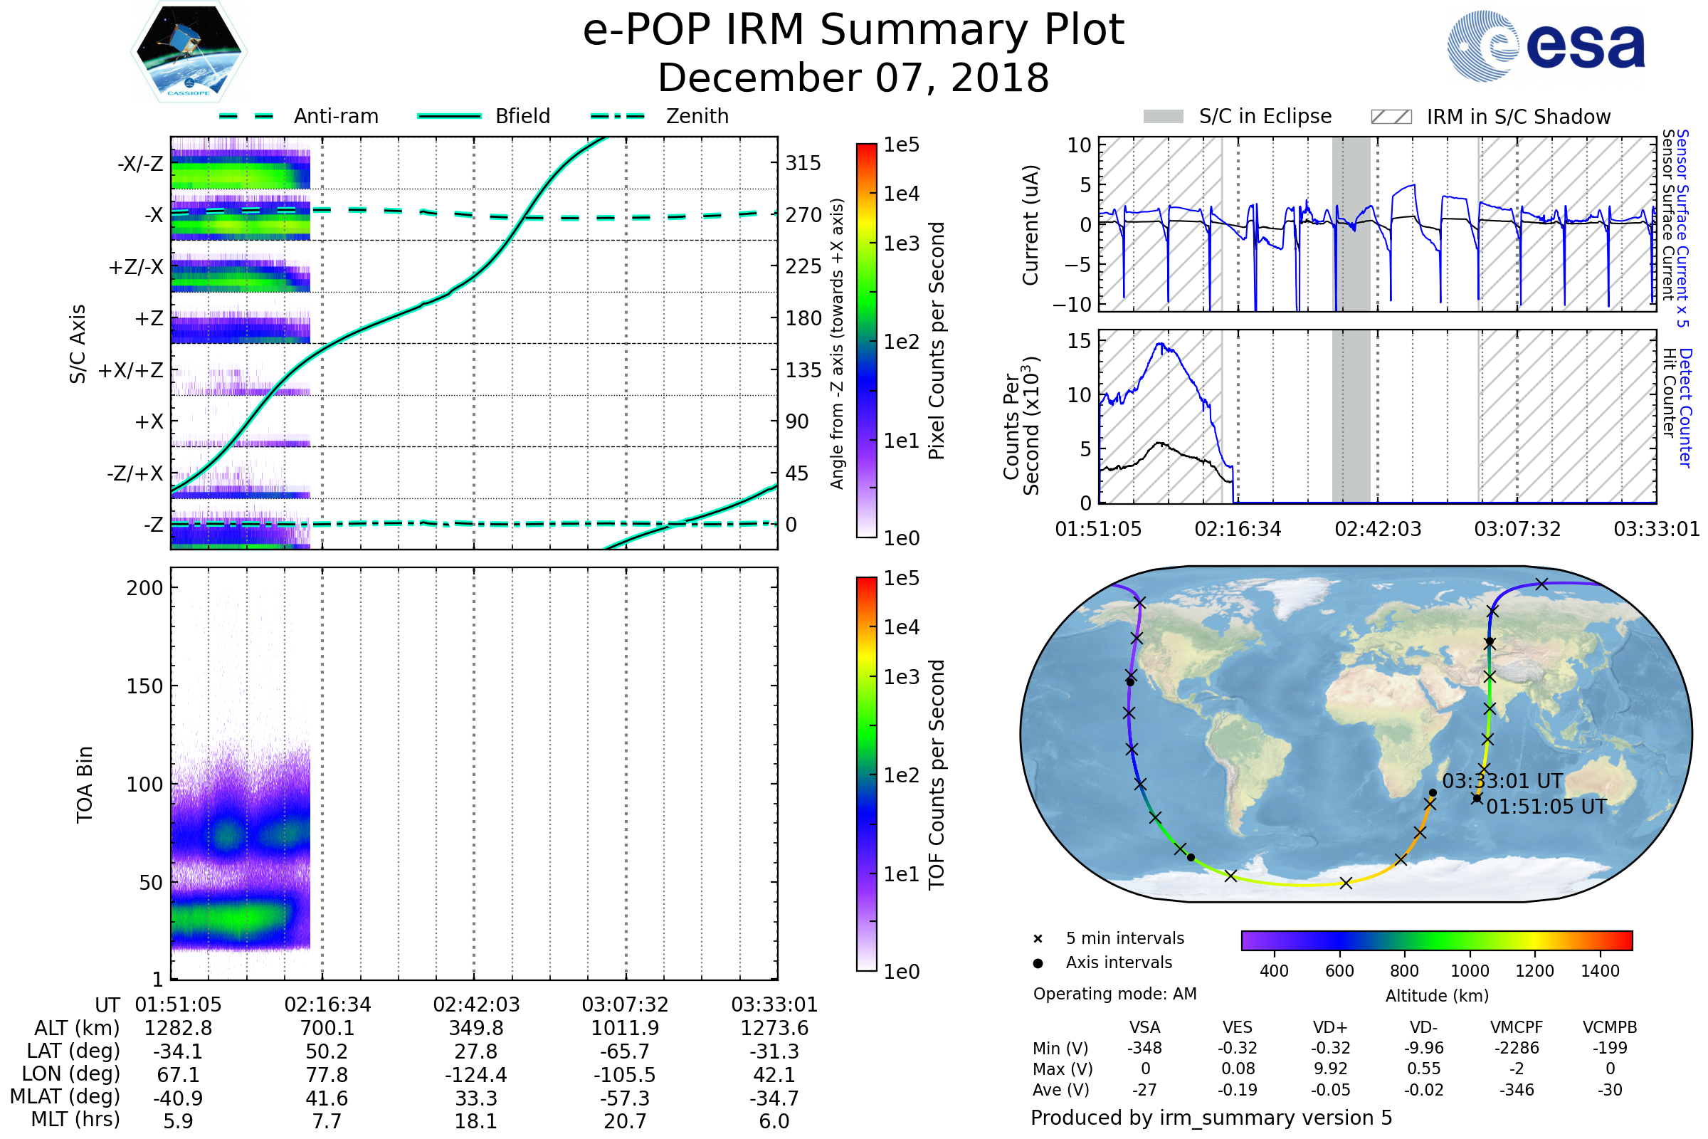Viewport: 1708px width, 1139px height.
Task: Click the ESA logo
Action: coord(1546,46)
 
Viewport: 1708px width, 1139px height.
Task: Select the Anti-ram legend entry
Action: coord(298,116)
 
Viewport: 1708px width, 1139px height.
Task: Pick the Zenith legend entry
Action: coord(660,116)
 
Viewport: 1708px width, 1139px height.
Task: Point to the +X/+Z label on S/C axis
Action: coord(130,370)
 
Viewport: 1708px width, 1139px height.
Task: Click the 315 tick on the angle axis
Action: coord(803,163)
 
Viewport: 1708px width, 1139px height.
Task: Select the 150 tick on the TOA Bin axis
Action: coord(144,686)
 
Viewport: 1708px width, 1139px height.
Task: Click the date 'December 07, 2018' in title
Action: coord(853,78)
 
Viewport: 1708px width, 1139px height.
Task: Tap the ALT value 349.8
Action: coord(475,1028)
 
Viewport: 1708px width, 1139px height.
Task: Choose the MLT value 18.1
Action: coord(475,1120)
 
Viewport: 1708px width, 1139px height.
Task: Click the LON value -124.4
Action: coord(475,1074)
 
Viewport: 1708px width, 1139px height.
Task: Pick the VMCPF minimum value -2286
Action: coord(1517,1048)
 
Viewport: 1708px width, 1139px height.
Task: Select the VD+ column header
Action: coord(1330,1027)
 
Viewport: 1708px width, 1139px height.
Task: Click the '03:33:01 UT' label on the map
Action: coord(1502,782)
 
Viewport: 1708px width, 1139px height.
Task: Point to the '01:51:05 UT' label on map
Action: coord(1546,807)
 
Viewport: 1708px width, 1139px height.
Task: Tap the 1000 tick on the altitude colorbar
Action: coord(1469,971)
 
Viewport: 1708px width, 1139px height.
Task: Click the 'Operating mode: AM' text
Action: coord(1114,994)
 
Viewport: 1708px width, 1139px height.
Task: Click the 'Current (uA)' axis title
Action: coord(1030,225)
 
